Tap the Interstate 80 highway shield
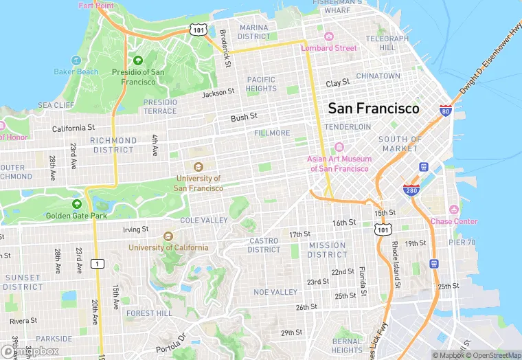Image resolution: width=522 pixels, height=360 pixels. (446, 110)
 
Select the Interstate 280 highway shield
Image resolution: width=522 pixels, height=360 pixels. (411, 190)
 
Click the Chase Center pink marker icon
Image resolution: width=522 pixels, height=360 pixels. (453, 210)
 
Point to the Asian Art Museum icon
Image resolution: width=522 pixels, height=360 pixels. (339, 147)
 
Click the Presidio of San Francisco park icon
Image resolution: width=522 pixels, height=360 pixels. (138, 60)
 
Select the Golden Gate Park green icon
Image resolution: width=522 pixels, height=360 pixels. (77, 204)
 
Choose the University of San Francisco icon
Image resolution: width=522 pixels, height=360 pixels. (198, 167)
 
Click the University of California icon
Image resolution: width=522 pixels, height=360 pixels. (168, 236)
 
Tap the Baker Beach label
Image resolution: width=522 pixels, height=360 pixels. (76, 71)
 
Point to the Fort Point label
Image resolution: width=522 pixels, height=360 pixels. (96, 5)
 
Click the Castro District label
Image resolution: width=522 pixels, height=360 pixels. (264, 245)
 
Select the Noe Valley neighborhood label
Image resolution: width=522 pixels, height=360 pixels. (275, 292)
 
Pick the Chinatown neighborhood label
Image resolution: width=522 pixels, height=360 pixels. (378, 76)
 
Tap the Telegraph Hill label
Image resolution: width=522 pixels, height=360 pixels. (387, 43)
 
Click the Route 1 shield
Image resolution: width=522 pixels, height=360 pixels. (98, 264)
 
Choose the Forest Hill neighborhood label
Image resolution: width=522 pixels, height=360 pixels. (149, 313)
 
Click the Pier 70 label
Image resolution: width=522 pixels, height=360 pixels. (462, 242)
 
